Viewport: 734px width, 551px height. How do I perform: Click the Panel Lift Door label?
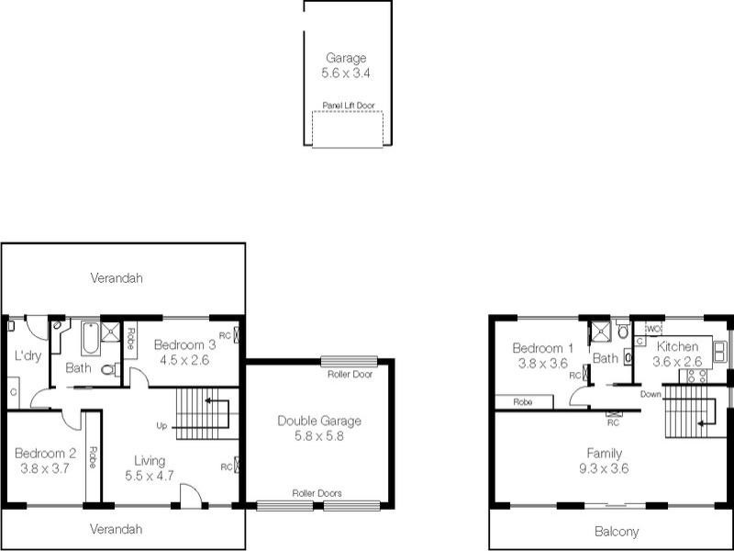coord(348,105)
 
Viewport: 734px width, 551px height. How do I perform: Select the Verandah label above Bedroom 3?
coord(117,277)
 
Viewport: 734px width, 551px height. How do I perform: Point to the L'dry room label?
coord(28,356)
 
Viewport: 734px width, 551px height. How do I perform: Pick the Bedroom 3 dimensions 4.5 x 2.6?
coord(183,360)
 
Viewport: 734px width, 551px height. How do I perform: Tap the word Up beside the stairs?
coord(161,426)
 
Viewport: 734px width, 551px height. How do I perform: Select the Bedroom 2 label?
coord(45,453)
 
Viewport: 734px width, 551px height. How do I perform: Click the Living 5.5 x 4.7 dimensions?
coord(149,476)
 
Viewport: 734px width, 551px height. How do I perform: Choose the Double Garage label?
coord(319,421)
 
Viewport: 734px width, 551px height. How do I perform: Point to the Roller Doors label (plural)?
coord(317,493)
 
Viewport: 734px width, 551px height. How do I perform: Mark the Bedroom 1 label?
coord(543,348)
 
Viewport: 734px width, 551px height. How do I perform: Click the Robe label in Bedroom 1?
coord(523,401)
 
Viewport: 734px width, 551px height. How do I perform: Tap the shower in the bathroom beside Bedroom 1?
coord(600,331)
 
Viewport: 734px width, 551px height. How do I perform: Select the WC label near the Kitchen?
coord(653,328)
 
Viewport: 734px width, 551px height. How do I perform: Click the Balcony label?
coord(617,532)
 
